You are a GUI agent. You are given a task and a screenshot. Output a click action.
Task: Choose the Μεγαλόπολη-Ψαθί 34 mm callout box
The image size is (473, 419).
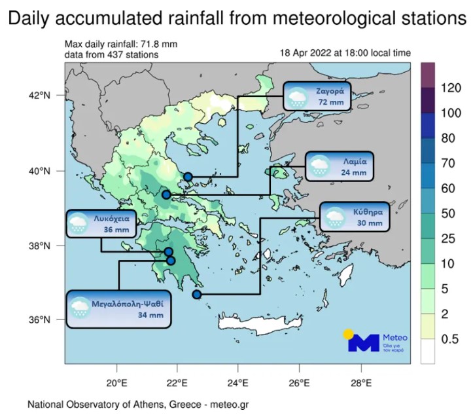118,309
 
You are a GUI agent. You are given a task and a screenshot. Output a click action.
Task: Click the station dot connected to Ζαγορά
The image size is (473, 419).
188,177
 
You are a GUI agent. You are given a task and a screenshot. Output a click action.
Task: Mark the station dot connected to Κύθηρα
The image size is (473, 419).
196,295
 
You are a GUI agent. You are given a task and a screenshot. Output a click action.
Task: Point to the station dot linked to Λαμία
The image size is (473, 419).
166,194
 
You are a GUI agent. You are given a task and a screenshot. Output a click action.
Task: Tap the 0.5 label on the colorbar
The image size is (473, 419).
451,339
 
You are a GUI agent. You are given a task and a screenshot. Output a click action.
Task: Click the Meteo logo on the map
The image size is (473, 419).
372,340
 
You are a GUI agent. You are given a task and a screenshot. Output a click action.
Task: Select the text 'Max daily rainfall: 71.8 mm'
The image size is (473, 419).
120,45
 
